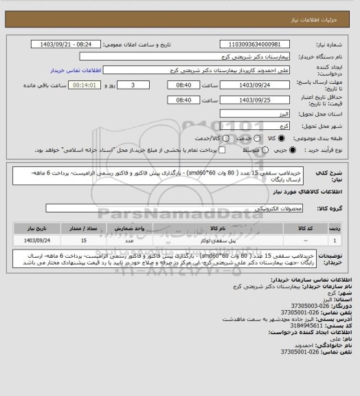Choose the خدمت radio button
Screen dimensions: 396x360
pos(238,140)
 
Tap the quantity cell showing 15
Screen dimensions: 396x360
pos(84,241)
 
